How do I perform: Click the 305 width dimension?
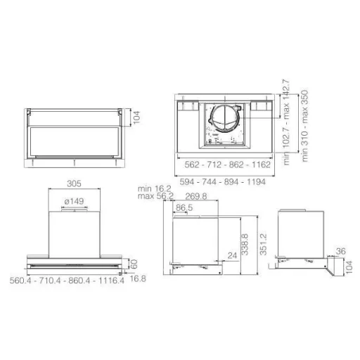tap(74, 184)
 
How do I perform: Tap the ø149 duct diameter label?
tap(74, 201)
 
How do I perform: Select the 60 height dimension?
tap(134, 264)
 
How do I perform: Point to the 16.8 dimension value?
tap(138, 278)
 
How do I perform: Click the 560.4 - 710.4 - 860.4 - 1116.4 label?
tap(67, 281)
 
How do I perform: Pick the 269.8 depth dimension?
tap(196, 196)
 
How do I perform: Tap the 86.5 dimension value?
tap(184, 207)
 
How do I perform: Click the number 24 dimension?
tap(232, 255)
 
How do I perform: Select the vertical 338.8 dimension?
tap(245, 245)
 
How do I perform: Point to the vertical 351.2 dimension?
tap(264, 245)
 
